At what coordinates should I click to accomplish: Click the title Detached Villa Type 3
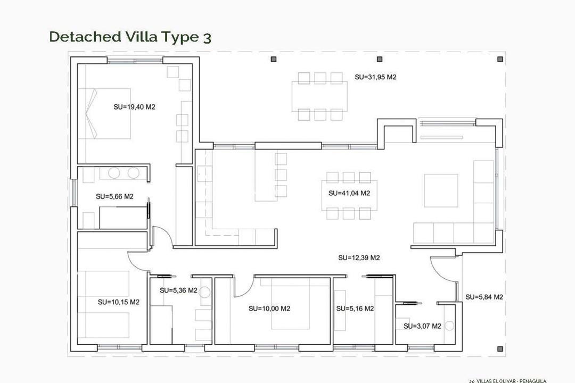[130, 37]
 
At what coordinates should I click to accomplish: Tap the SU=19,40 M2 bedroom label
[134, 107]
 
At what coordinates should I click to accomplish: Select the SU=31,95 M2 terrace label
[375, 77]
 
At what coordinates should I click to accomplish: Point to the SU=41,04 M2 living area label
[349, 194]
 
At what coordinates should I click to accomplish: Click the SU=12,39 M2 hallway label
[359, 258]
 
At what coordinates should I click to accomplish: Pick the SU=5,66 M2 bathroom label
[114, 196]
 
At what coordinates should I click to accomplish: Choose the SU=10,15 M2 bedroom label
[118, 302]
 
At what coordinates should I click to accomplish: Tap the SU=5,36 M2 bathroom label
[178, 290]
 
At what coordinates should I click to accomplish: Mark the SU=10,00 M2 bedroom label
[269, 309]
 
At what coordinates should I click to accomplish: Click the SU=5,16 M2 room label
[355, 309]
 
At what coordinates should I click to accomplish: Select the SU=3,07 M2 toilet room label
[422, 326]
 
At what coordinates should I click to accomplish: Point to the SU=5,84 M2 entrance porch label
[484, 297]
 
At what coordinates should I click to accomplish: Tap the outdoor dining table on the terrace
[319, 96]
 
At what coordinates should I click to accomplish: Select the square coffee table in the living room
[441, 190]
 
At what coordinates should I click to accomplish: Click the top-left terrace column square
[273, 59]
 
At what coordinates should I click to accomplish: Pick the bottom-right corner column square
[500, 349]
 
